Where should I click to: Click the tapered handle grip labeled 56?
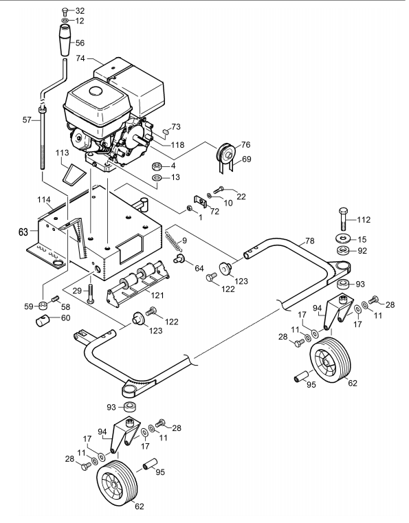pos(65,41)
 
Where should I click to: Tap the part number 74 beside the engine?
pos(80,58)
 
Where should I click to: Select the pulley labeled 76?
pos(225,153)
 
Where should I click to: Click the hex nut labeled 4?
pos(156,166)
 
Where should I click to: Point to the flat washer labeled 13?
pos(156,177)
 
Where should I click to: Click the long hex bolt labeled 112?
pos(343,219)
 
